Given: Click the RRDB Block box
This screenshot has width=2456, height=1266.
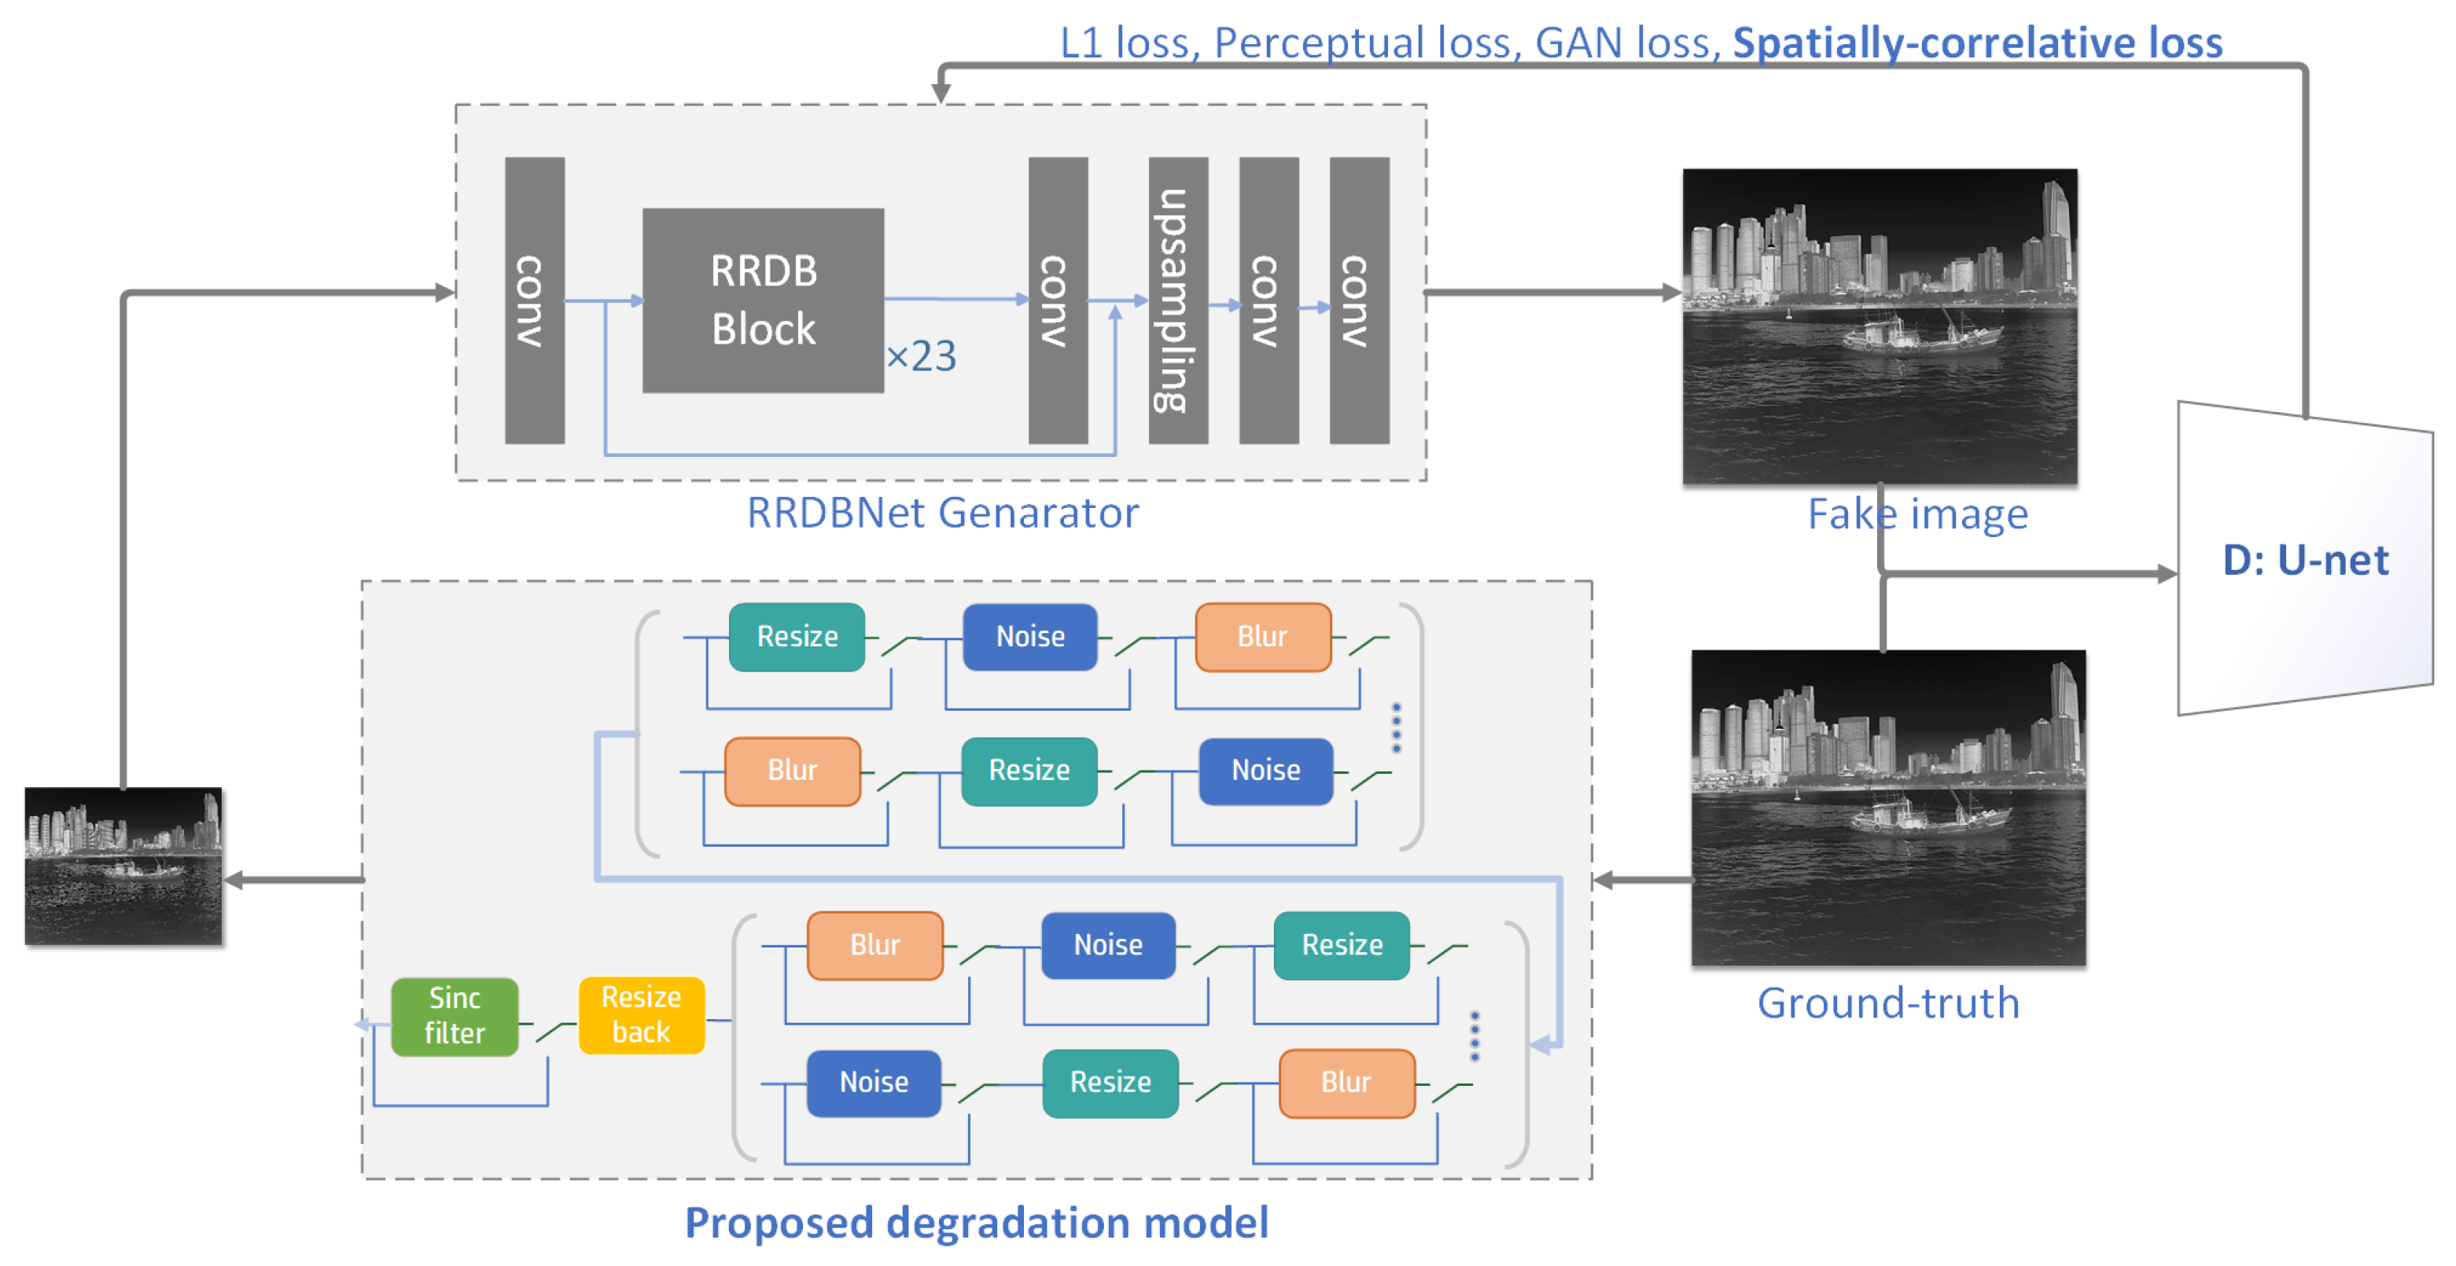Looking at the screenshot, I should click(763, 300).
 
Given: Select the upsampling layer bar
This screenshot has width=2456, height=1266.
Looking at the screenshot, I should click(1178, 300).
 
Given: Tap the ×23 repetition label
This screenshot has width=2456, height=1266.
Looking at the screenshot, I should click(921, 356).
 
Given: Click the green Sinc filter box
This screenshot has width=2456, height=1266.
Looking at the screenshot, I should click(455, 1016).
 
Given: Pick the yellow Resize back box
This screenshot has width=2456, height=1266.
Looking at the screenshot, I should click(642, 1015).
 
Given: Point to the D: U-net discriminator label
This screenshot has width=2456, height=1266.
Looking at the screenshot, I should click(2305, 560).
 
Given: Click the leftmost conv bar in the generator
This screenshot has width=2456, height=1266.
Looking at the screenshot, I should click(534, 300).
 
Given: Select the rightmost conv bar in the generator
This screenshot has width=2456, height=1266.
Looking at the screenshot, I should click(1359, 300).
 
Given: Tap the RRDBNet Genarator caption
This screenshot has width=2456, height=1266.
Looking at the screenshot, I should click(942, 513).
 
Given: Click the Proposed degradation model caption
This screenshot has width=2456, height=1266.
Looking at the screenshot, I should click(976, 1222).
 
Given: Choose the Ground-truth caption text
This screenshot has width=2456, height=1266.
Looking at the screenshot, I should click(1887, 1003).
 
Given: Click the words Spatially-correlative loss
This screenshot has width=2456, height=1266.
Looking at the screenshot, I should click(1976, 43).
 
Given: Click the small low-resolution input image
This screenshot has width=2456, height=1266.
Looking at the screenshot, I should click(124, 866).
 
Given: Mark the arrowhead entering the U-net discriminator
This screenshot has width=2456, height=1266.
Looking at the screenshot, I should click(2168, 574).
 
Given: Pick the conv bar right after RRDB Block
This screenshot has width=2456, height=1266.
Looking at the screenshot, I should click(1057, 300).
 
